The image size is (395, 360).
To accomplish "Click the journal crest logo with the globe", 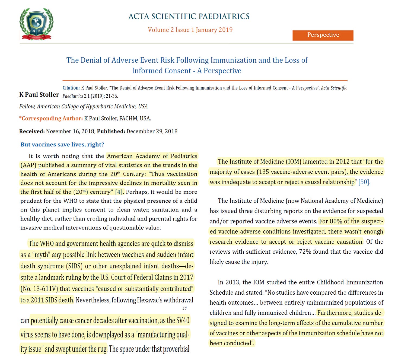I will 36,24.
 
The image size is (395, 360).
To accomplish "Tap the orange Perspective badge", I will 323,35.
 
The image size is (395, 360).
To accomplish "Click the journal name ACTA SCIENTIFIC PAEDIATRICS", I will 189,16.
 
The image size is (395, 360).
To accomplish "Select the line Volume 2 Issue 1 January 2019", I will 190,30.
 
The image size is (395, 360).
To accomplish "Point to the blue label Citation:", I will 71,88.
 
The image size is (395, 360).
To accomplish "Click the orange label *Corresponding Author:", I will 51,119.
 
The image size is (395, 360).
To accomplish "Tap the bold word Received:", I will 32,131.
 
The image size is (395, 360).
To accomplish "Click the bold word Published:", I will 111,131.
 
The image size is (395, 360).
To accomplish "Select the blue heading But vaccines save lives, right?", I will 62,145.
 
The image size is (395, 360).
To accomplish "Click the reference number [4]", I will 119,192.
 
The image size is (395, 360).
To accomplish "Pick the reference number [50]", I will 364,182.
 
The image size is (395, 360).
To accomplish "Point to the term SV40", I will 183,321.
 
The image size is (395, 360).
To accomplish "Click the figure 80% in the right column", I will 336,221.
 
